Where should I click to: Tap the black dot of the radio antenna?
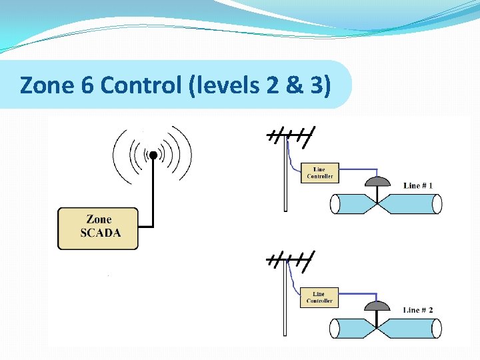point(153,155)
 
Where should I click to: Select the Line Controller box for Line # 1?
point(319,172)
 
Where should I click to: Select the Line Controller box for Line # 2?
point(319,297)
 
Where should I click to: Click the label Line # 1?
point(418,185)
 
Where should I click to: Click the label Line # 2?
point(418,310)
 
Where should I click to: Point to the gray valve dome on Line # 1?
point(378,181)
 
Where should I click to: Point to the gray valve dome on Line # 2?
point(378,306)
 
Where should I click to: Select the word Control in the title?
point(139,85)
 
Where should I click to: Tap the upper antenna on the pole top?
point(291,136)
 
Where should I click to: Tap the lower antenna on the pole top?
point(291,261)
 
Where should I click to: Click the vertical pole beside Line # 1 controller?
point(286,180)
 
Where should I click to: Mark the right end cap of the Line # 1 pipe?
point(437,204)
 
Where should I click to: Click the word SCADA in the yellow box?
point(101,233)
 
